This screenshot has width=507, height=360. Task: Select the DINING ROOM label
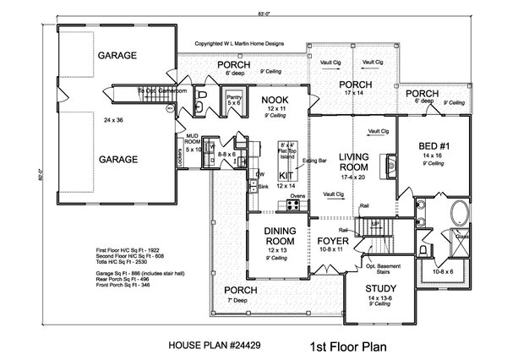tap(276, 232)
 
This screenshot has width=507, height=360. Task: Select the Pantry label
tap(234, 97)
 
